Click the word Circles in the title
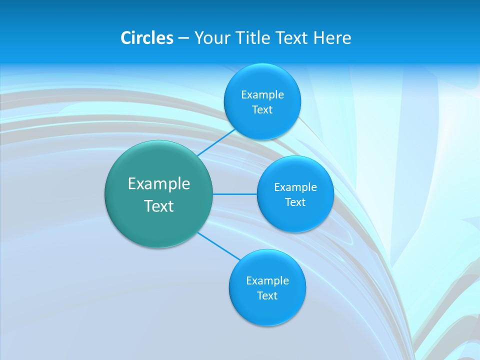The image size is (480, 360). [x=147, y=38]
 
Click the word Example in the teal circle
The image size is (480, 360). [x=159, y=184]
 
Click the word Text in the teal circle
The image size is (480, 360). [x=159, y=206]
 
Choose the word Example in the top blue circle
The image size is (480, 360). [x=262, y=95]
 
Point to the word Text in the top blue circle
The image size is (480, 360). [x=262, y=110]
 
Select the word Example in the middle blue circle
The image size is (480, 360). [x=295, y=187]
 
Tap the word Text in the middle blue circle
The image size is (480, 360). [x=295, y=202]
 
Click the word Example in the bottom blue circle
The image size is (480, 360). [x=267, y=281]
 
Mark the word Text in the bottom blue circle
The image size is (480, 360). [x=267, y=296]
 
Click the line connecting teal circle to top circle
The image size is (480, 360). [x=216, y=142]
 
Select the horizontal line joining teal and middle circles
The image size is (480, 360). [x=235, y=194]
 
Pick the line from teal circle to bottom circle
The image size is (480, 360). [x=219, y=246]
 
